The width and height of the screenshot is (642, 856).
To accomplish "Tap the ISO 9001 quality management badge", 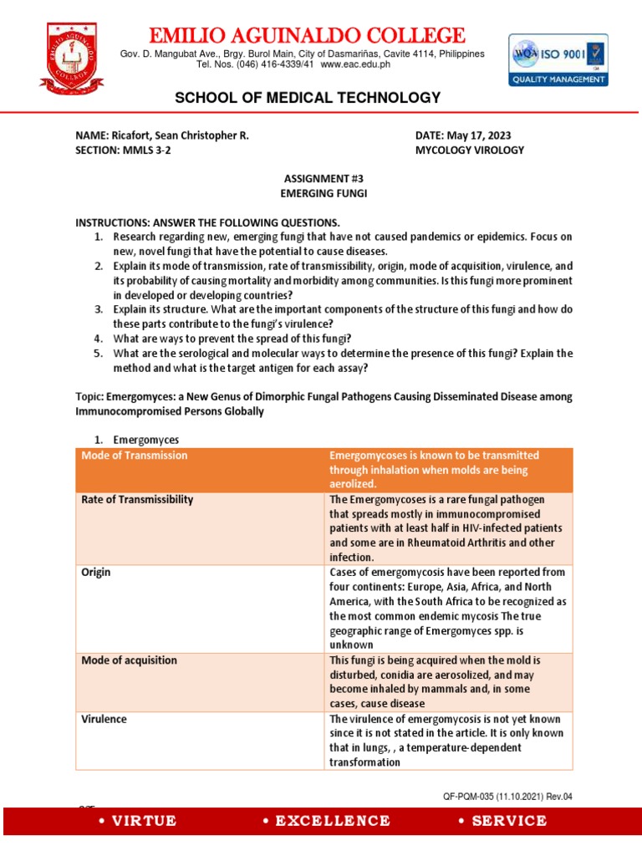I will coord(558,60).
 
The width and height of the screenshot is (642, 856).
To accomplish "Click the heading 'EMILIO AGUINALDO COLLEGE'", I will coord(306,36).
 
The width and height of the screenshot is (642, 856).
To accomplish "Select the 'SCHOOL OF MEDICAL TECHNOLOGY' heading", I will coord(307,99).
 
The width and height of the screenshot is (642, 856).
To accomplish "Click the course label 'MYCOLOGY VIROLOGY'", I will coord(470,150).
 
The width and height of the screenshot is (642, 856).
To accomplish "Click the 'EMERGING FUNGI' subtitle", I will coord(321,194).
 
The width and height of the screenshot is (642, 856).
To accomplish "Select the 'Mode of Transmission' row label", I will coord(135,456).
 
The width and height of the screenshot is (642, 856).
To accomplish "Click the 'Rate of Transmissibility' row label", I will coord(137,499).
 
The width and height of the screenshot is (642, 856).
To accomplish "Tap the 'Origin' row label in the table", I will coord(96,573).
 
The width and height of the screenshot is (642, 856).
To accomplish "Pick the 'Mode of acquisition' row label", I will coord(129,660).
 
